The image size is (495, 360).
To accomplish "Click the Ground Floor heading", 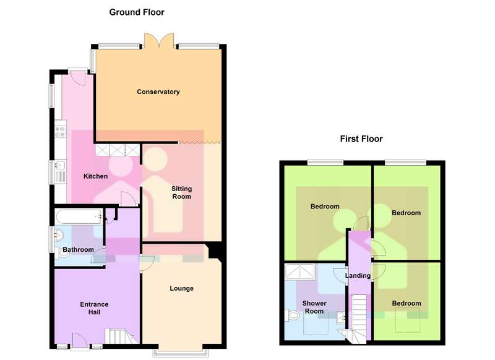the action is tap(137, 12).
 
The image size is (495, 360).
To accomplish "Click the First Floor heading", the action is tap(361, 139).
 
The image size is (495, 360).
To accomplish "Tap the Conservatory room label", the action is tap(158, 92).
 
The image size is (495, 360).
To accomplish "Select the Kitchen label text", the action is tap(95, 176).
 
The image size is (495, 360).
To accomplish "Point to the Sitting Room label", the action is tap(181, 192).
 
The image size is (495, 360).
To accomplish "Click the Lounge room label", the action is tap(181, 288).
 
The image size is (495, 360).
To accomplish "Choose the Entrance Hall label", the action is tap(94, 308).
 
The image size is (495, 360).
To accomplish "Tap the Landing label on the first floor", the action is tap(358, 275).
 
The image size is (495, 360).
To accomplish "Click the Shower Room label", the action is tap(314, 307).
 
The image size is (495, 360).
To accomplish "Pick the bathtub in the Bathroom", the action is tap(79, 216).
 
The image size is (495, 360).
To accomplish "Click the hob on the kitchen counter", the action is tap(60, 132).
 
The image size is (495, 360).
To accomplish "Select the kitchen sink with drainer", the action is tap(60, 171).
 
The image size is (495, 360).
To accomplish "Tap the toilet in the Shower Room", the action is tap(292, 315).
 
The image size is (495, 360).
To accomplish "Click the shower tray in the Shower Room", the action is tap(300, 272).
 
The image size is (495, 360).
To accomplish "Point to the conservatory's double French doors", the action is tap(159, 41).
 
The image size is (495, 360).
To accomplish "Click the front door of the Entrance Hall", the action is tap(80, 341).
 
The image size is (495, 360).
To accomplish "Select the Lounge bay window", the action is tap(181, 353).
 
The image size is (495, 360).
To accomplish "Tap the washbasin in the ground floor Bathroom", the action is tap(59, 234).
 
